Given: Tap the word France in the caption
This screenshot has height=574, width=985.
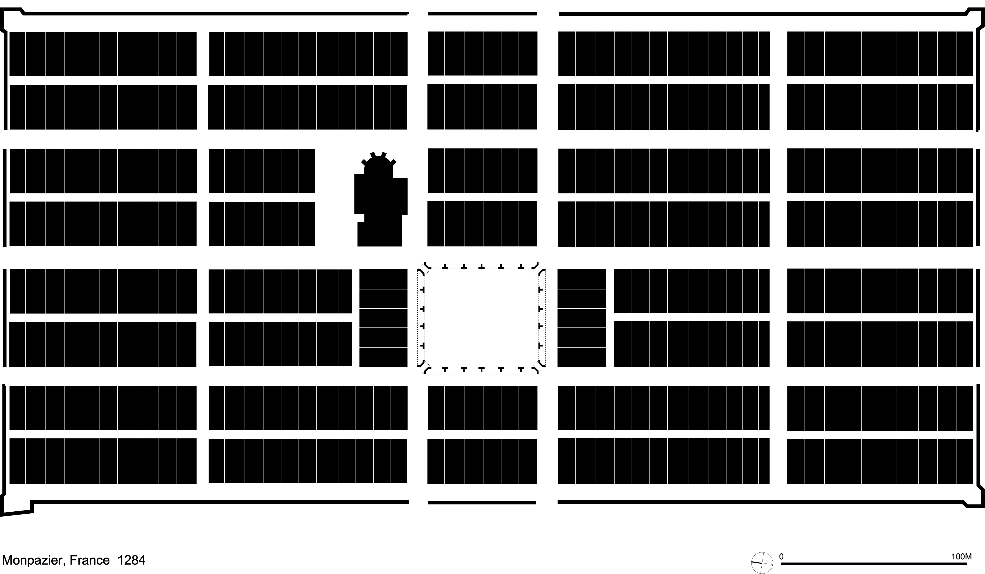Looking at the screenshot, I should tap(89, 560).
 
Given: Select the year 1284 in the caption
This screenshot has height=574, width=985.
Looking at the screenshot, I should tap(131, 560).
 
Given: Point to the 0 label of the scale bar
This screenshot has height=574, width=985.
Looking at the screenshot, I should tap(781, 556).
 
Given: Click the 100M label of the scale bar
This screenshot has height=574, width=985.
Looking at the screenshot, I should tap(961, 556).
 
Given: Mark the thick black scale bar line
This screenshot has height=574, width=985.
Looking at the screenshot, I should tap(874, 563).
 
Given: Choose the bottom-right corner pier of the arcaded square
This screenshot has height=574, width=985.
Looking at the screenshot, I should tap(539, 368).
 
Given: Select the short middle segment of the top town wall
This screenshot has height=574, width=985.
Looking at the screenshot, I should tap(482, 14).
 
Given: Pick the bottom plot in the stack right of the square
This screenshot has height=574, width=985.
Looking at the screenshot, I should tap(581, 357).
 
